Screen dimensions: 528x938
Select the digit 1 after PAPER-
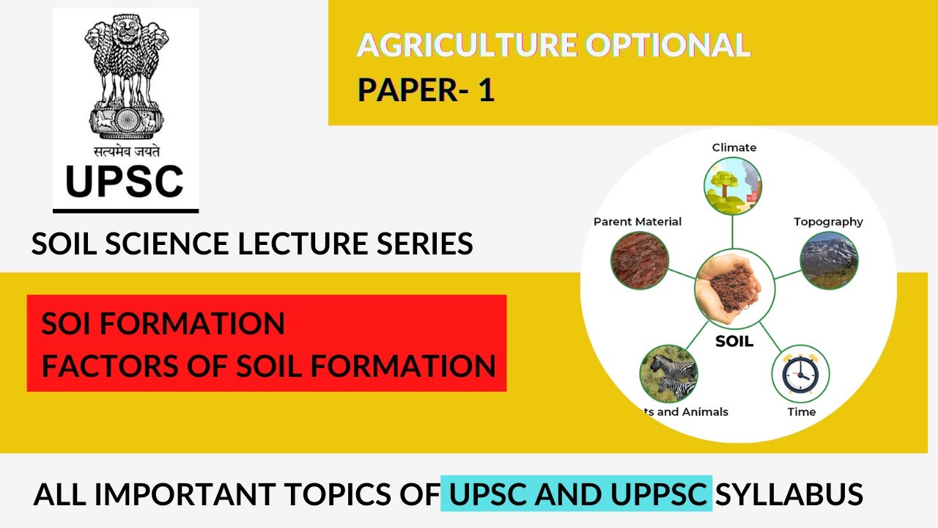(485, 90)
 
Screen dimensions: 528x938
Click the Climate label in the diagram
(734, 147)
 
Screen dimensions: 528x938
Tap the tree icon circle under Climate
(733, 186)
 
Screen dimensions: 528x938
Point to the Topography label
(828, 221)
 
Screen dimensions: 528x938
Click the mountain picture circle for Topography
(829, 260)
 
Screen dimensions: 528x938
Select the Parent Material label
(638, 221)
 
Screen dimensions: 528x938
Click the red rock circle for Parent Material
(639, 260)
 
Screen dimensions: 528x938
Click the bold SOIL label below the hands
(734, 342)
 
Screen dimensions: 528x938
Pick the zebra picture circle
(668, 373)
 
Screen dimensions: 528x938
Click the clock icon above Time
(800, 374)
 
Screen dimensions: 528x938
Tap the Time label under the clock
(801, 412)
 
